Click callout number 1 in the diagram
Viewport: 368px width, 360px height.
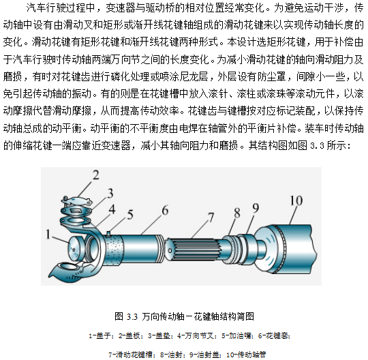pyautogui.click(x=48, y=234)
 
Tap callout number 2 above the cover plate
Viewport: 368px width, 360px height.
pyautogui.click(x=96, y=175)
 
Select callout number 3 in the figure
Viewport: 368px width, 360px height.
pyautogui.click(x=110, y=193)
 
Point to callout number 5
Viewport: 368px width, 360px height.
pyautogui.click(x=130, y=215)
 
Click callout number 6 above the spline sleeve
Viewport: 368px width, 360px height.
pyautogui.click(x=165, y=210)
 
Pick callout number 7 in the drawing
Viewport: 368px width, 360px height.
pyautogui.click(x=211, y=217)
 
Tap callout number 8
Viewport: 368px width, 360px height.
pyautogui.click(x=237, y=213)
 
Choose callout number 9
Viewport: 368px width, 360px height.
pyautogui.click(x=256, y=208)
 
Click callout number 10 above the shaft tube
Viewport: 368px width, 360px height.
pyautogui.click(x=296, y=200)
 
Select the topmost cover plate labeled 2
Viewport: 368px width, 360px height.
pyautogui.click(x=76, y=200)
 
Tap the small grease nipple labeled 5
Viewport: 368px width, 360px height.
pyautogui.click(x=108, y=234)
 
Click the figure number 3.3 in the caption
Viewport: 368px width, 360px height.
pyautogui.click(x=132, y=317)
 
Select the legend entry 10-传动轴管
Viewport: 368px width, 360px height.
pyautogui.click(x=246, y=355)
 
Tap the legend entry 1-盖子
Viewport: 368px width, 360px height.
pyautogui.click(x=101, y=336)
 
